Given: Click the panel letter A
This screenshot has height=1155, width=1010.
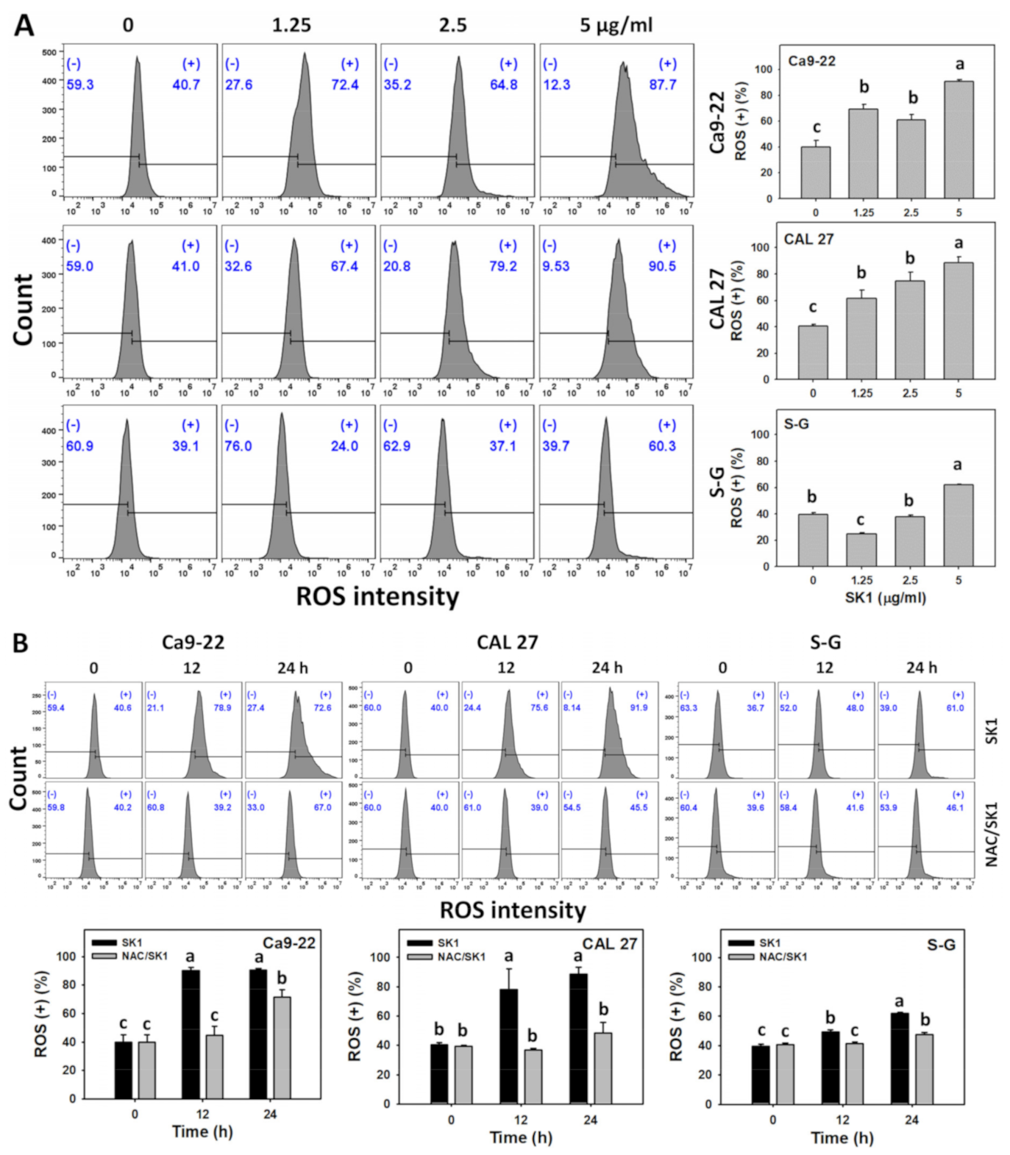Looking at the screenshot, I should (24, 26).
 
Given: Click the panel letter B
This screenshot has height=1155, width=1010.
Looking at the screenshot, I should (21, 643).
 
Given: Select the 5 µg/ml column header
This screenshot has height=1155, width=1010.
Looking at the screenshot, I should (616, 25).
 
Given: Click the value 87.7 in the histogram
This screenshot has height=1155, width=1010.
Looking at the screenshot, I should (662, 85).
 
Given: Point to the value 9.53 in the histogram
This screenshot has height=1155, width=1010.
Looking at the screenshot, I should (555, 266).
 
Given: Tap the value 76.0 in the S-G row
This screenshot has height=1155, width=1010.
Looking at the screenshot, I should (238, 446).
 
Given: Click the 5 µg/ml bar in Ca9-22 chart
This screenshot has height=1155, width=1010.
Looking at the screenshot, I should (959, 140).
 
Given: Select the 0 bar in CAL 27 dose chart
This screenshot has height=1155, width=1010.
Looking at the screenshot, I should (813, 352).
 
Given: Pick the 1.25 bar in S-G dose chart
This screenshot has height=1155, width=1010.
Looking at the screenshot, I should (861, 549).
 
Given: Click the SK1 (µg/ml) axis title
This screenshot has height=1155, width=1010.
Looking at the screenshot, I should (885, 598).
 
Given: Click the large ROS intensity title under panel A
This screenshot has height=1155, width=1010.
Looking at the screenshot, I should (377, 596).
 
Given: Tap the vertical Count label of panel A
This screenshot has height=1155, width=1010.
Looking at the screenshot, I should (24, 309).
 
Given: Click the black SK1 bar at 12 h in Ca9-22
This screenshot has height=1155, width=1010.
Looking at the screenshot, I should (191, 1034).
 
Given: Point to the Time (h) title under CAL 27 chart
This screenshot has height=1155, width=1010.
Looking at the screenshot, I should (521, 1137).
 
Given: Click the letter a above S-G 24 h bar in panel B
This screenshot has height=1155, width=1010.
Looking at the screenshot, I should (899, 1001).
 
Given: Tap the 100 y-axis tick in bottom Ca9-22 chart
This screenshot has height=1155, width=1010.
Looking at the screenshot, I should (67, 956).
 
